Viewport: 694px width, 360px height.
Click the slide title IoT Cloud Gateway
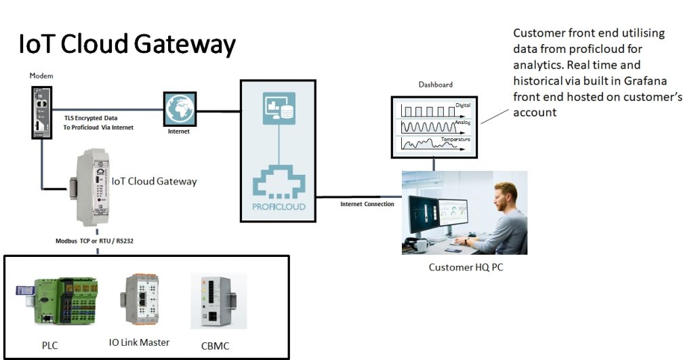(x=127, y=45)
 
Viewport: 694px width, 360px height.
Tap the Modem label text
(x=41, y=76)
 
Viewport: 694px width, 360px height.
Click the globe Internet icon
(x=179, y=108)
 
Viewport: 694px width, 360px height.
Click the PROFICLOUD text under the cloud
(x=279, y=205)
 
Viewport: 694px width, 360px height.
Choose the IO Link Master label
(x=139, y=342)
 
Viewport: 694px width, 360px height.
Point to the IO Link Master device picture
(x=140, y=302)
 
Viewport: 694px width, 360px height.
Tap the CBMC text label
(x=216, y=346)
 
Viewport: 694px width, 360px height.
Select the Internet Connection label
(x=367, y=204)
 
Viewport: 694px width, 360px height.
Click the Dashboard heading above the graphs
(x=435, y=85)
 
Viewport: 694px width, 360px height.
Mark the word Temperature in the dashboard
(x=455, y=139)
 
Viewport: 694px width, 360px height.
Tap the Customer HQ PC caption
(x=466, y=267)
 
